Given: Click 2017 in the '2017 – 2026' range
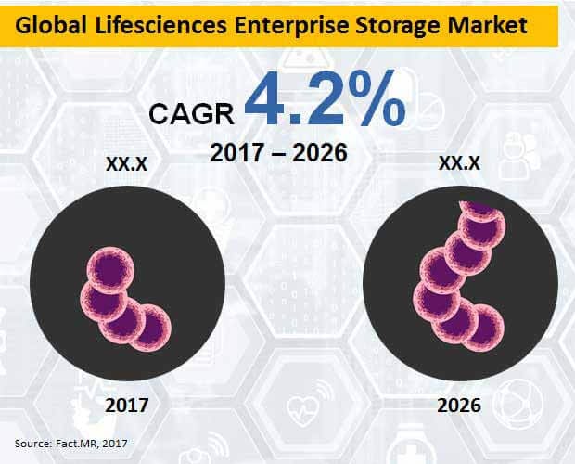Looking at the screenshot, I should pyautogui.click(x=237, y=151).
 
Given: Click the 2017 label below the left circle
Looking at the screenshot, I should pyautogui.click(x=127, y=405).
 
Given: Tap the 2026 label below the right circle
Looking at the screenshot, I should pyautogui.click(x=461, y=405).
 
